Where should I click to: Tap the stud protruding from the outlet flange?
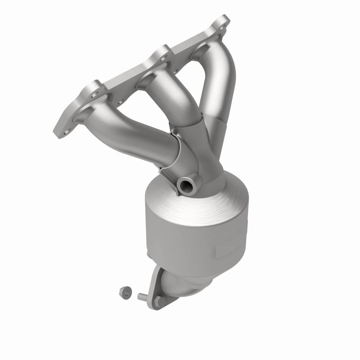coord(143,297)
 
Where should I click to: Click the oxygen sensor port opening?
coord(184,184)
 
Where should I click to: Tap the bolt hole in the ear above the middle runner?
coord(161,56)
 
